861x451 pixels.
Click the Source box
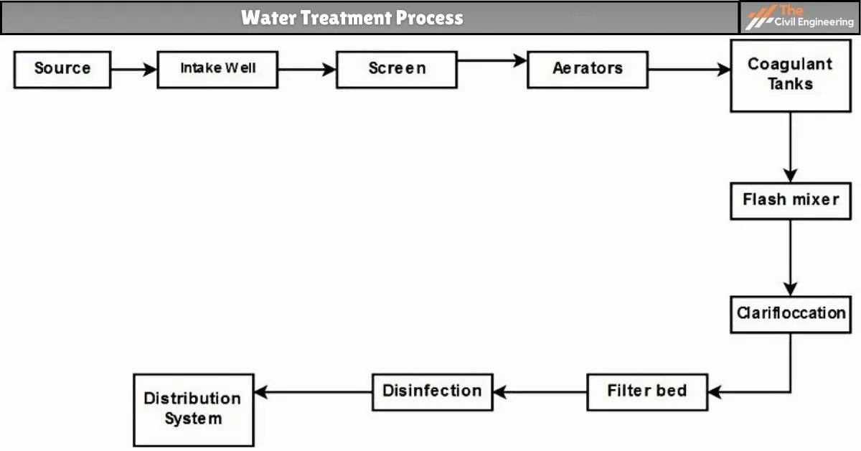pyautogui.click(x=62, y=69)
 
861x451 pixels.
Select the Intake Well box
pyautogui.click(x=217, y=69)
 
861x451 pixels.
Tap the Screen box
pyautogui.click(x=397, y=69)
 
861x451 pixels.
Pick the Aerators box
pyautogui.click(x=588, y=69)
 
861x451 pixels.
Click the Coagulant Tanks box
pyautogui.click(x=790, y=75)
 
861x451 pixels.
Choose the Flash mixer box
pyautogui.click(x=790, y=199)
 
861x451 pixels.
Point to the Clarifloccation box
pyautogui.click(x=790, y=314)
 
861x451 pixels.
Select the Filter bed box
pyautogui.click(x=646, y=391)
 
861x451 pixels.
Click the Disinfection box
pyautogui.click(x=432, y=391)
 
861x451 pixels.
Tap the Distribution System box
pyautogui.click(x=193, y=409)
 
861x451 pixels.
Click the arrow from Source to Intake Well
pyautogui.click(x=134, y=70)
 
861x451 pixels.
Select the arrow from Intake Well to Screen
pyautogui.click(x=307, y=70)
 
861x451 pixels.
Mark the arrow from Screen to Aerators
pyautogui.click(x=492, y=61)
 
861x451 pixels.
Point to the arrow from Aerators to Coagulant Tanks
pyautogui.click(x=689, y=70)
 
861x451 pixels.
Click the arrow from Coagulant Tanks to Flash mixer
pyautogui.click(x=790, y=147)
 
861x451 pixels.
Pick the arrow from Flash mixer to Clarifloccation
pyautogui.click(x=790, y=257)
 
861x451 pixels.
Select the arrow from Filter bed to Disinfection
pyautogui.click(x=540, y=392)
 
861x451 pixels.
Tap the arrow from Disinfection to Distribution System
pyautogui.click(x=314, y=392)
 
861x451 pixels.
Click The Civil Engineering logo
pyautogui.click(x=799, y=17)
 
